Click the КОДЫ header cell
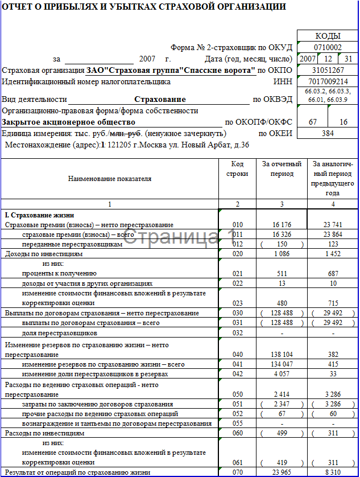(328, 36)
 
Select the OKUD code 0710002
(328, 47)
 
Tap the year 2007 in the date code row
(308, 59)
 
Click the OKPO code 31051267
(328, 70)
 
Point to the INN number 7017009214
(328, 81)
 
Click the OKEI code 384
(328, 133)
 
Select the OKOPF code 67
(313, 122)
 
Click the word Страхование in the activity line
(160, 99)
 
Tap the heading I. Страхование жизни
(40, 215)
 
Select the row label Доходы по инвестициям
(39, 253)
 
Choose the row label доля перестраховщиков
(60, 332)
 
